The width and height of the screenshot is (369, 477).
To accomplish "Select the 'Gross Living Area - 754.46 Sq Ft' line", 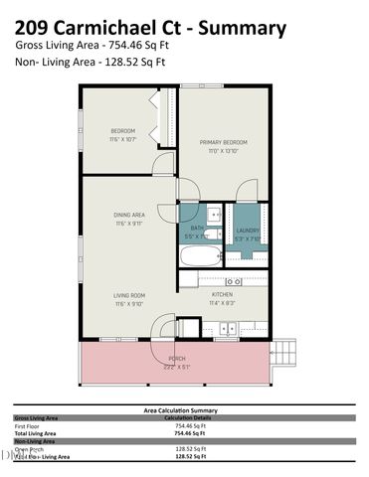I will click(x=94, y=47).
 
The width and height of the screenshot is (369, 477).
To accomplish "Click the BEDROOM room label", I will click(x=123, y=131).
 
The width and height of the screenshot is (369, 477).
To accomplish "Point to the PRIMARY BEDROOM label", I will click(x=223, y=142).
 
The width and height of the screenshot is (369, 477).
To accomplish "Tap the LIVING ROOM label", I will click(x=129, y=295).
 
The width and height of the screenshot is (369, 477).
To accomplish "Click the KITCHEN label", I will click(x=222, y=295).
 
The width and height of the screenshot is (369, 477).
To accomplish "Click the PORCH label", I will click(x=176, y=358).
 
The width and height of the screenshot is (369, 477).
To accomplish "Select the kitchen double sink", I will click(x=228, y=329).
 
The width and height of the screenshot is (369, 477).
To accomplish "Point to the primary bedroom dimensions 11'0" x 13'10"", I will click(x=223, y=150).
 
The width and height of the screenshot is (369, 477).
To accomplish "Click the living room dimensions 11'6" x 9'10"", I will click(x=129, y=303).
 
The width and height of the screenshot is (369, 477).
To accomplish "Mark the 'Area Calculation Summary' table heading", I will click(x=183, y=409).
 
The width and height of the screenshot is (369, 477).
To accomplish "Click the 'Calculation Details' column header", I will click(x=183, y=417).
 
